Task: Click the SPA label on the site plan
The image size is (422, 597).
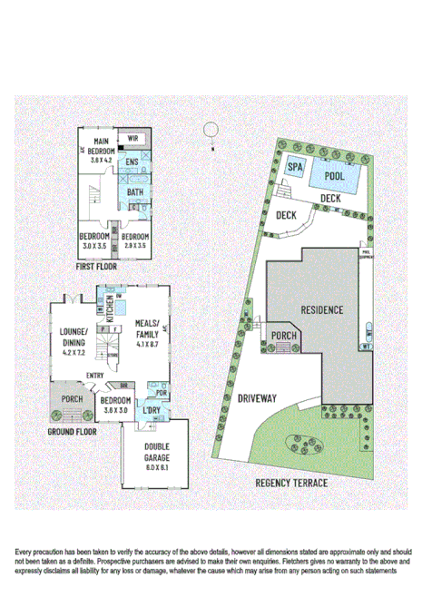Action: coord(295,167)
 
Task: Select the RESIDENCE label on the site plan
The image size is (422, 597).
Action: coord(321,309)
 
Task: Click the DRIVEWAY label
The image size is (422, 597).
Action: coord(259,396)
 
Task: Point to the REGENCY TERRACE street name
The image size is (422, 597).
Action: coord(291,484)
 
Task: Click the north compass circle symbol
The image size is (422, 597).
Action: coord(211,130)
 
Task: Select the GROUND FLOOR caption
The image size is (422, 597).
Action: coord(72,433)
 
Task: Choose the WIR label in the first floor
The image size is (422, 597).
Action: coord(132,138)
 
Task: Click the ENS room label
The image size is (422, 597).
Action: coord(132,163)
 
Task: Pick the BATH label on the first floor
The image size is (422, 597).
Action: coord(134,192)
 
